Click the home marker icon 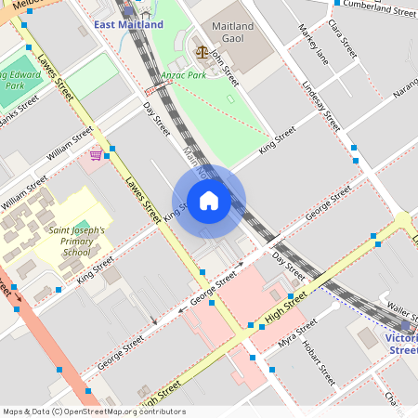point(209,201)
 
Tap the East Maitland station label point(128,24)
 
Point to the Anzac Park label point(182,75)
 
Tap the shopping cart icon point(96,155)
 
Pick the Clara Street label point(344,42)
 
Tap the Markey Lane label point(313,45)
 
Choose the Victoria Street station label point(402,344)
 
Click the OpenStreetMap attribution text point(94,411)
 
